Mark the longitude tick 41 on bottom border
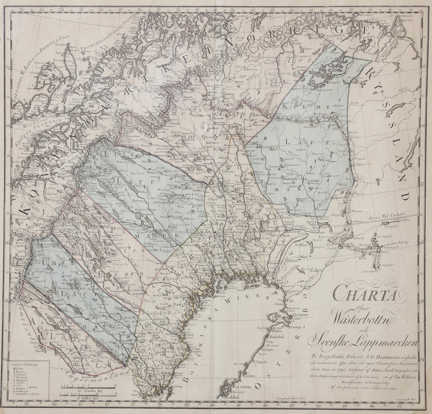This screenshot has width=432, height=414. (238, 404)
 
